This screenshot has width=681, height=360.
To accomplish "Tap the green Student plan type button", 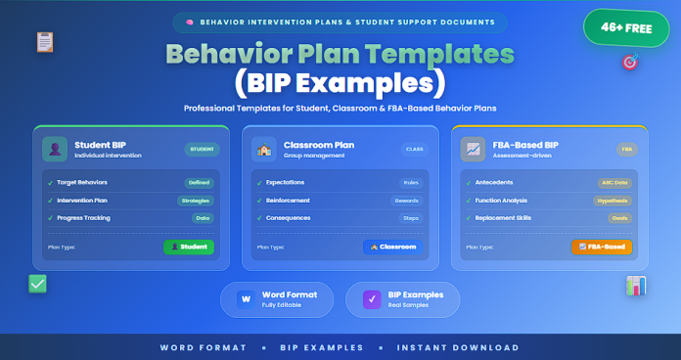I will click(189, 247).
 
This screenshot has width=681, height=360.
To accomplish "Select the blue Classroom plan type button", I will click(394, 247).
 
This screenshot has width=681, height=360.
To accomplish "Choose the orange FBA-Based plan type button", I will click(601, 247).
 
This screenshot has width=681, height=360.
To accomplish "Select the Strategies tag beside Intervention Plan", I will click(196, 200).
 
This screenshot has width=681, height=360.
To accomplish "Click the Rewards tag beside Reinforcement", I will click(406, 200).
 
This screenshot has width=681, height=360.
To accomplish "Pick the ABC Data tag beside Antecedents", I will click(613, 182).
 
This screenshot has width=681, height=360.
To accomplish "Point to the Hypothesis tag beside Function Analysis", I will click(613, 200).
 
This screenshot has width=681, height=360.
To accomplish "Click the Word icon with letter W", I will click(245, 298).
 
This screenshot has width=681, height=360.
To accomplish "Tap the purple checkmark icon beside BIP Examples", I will click(371, 298).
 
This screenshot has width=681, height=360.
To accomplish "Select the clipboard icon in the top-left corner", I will click(44, 42).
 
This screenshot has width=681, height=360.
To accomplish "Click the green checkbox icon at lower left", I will click(38, 284).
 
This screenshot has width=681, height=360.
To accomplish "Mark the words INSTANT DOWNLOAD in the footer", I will click(457, 347).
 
